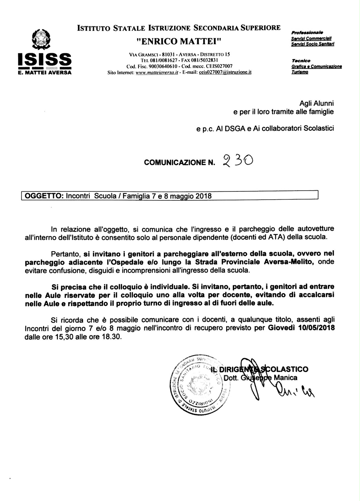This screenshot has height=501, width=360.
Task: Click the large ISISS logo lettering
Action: (45, 61)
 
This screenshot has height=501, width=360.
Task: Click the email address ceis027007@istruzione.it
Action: (225, 72)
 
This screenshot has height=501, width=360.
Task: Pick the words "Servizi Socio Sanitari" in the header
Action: (312, 44)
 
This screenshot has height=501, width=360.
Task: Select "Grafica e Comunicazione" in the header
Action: (317, 67)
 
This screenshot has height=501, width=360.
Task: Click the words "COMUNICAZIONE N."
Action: (180, 162)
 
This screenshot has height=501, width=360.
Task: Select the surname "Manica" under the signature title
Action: (286, 378)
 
